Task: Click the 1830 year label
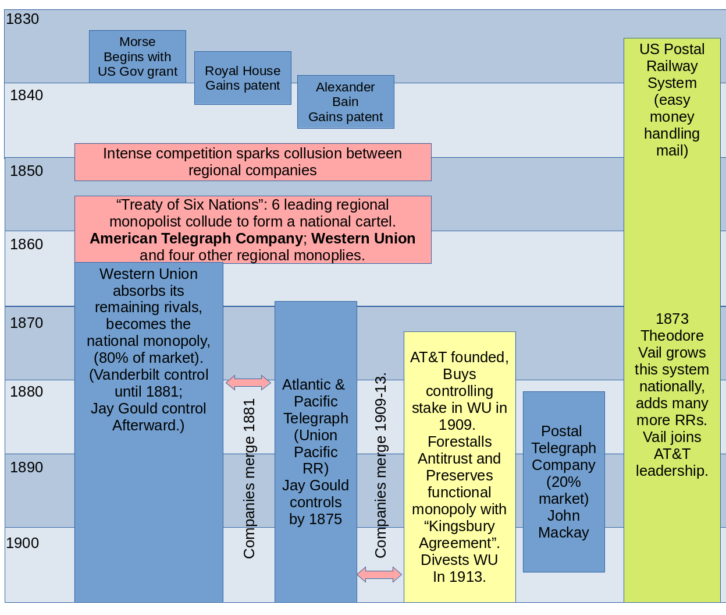23,19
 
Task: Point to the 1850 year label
27,171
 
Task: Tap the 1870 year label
27,323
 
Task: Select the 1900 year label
23,543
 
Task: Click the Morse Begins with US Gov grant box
137,56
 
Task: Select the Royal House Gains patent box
243,78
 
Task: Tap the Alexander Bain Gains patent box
346,102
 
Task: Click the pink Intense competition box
252,162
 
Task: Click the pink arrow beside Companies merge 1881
248,383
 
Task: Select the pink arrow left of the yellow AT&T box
379,574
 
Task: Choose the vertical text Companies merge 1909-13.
380,466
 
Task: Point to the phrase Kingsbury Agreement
460,535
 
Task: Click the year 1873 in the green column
672,319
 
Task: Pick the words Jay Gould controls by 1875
316,502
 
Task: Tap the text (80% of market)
148,358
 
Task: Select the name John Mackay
564,524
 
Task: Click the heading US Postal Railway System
672,66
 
